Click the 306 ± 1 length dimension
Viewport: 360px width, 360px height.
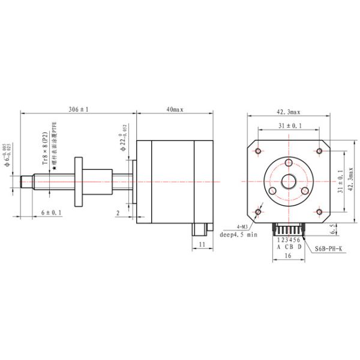tap(79, 110)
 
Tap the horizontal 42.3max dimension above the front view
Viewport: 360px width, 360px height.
tap(288, 112)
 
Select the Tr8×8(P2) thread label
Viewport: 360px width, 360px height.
tap(45, 148)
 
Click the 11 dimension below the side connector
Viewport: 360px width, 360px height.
tap(202, 244)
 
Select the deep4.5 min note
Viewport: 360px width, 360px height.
tap(238, 235)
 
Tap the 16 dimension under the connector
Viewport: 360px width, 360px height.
tap(289, 256)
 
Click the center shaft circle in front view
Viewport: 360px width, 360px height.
tap(289, 181)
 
